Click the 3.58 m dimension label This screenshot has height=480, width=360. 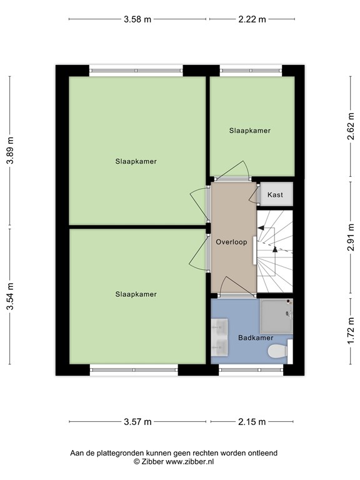coord(138,19)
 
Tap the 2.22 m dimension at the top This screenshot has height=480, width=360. coord(252,19)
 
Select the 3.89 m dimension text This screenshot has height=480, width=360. coord(9,151)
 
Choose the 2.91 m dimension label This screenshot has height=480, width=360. coord(351,237)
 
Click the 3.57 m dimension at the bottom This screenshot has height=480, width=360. coord(138,422)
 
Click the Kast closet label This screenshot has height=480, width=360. coord(275,195)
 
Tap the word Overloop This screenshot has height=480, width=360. coord(232,241)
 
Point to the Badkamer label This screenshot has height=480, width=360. coord(256,338)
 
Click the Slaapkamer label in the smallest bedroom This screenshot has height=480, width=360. coord(250,131)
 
